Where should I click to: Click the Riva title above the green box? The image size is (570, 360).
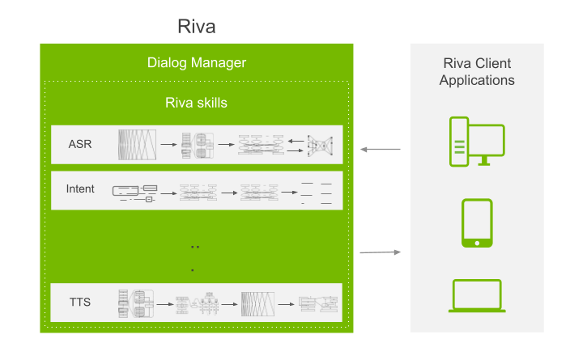point(197,27)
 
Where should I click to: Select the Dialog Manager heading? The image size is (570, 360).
point(197,63)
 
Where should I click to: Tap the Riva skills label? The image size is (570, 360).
point(196,103)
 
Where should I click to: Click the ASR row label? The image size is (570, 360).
point(80,144)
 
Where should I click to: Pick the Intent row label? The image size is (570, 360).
point(80,189)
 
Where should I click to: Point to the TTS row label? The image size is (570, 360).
point(80,303)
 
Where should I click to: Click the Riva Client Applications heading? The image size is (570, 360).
point(477,71)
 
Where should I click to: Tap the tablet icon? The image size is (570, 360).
point(477,223)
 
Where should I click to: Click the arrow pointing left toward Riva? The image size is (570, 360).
point(381,150)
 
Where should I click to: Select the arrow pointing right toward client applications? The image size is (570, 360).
point(381,252)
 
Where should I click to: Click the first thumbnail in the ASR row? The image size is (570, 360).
point(137,145)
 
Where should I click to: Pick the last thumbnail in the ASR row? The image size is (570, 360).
point(321,146)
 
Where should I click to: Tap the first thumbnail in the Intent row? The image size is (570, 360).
point(134,193)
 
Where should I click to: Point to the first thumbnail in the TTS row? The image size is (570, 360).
point(136,303)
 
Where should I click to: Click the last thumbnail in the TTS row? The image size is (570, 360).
point(318,304)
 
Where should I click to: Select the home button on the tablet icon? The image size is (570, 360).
point(477,243)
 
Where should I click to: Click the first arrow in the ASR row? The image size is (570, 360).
point(168,145)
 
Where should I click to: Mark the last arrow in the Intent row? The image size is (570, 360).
point(289,193)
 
